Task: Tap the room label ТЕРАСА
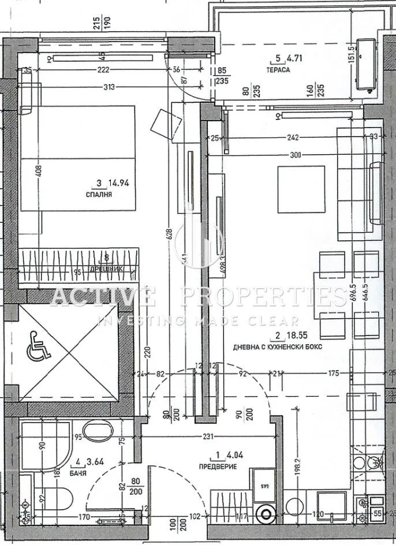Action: (x=279, y=69)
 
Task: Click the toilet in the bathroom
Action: (x=55, y=498)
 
